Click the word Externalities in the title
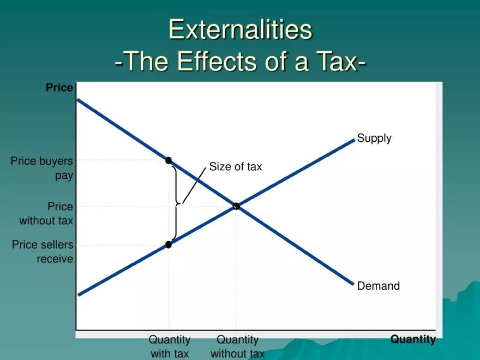pyautogui.click(x=241, y=29)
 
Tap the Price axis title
pyautogui.click(x=59, y=88)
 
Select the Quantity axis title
pyautogui.click(x=413, y=339)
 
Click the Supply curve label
pyautogui.click(x=374, y=139)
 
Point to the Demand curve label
pyautogui.click(x=379, y=286)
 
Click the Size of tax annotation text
pyautogui.click(x=236, y=166)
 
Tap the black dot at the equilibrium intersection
pyautogui.click(x=236, y=206)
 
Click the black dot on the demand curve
pyautogui.click(x=169, y=160)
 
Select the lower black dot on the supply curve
pyautogui.click(x=169, y=244)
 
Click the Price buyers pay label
pyautogui.click(x=42, y=169)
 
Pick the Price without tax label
pyautogui.click(x=46, y=213)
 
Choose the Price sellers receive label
pyautogui.click(x=43, y=251)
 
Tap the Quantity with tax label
pyautogui.click(x=170, y=346)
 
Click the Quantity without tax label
pyautogui.click(x=238, y=346)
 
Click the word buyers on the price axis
pyautogui.click(x=56, y=161)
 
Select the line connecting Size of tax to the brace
pyautogui.click(x=194, y=185)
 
